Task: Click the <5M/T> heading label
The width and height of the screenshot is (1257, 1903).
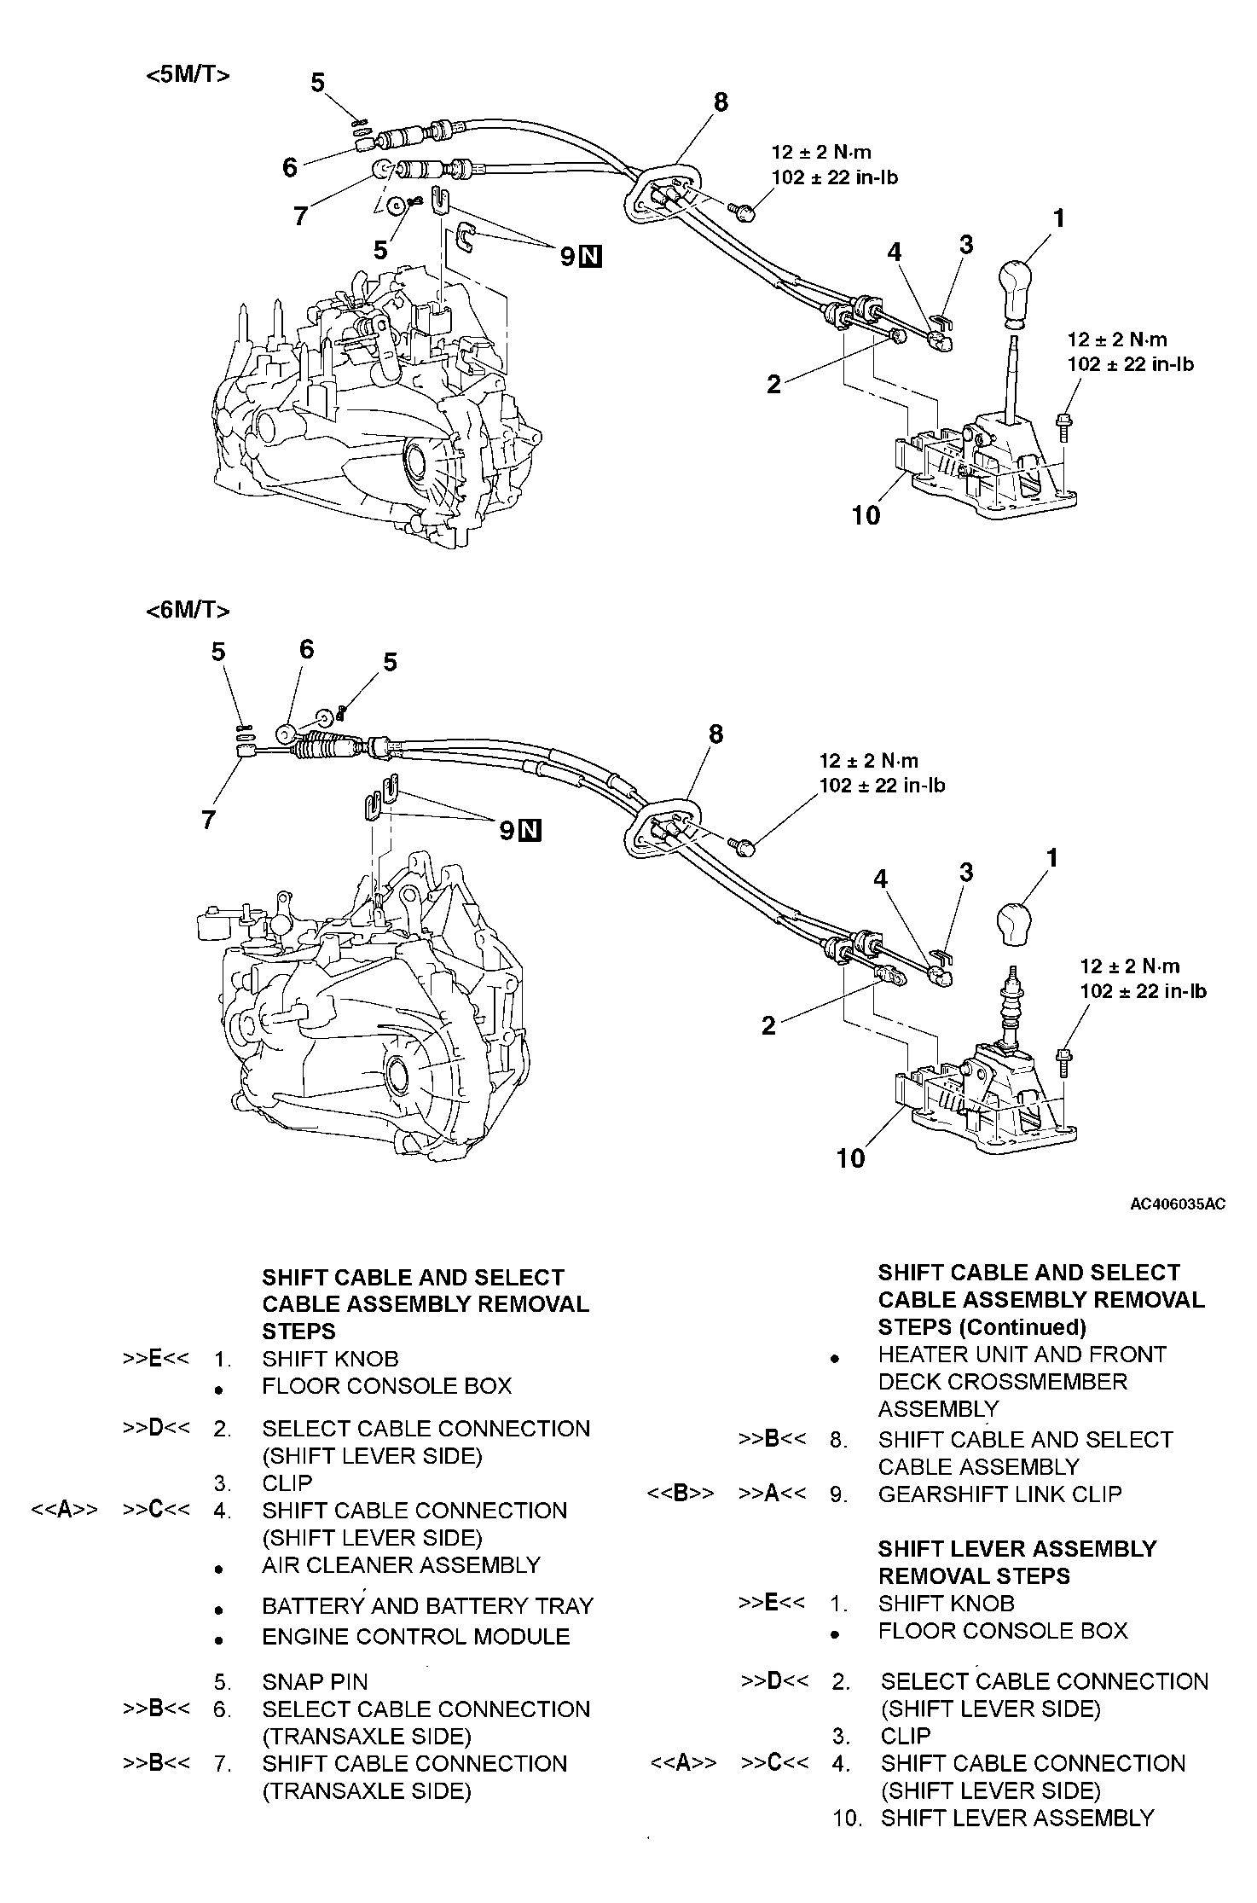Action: tap(188, 75)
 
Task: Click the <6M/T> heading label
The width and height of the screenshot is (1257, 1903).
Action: tap(188, 611)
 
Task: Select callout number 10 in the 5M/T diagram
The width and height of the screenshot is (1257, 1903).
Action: tap(866, 515)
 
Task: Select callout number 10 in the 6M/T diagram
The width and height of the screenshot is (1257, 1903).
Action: tap(850, 1157)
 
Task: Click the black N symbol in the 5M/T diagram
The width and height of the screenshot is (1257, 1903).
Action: tap(590, 256)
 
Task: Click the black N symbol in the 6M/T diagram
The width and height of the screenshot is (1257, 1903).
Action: tap(530, 830)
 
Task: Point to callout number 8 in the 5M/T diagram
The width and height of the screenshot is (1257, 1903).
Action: tap(721, 102)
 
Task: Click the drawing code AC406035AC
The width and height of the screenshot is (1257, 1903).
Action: tap(1177, 1204)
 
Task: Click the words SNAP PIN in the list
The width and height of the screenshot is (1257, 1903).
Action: tap(315, 1682)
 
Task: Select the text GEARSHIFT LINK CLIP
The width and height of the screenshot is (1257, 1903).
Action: tap(999, 1494)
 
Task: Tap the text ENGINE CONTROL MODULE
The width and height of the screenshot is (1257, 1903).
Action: tap(415, 1636)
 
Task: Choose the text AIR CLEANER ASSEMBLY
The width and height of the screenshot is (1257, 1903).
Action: tap(401, 1564)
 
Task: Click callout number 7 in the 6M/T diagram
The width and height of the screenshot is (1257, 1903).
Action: tap(208, 821)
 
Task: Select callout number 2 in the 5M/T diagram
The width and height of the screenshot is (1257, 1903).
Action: tap(773, 385)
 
